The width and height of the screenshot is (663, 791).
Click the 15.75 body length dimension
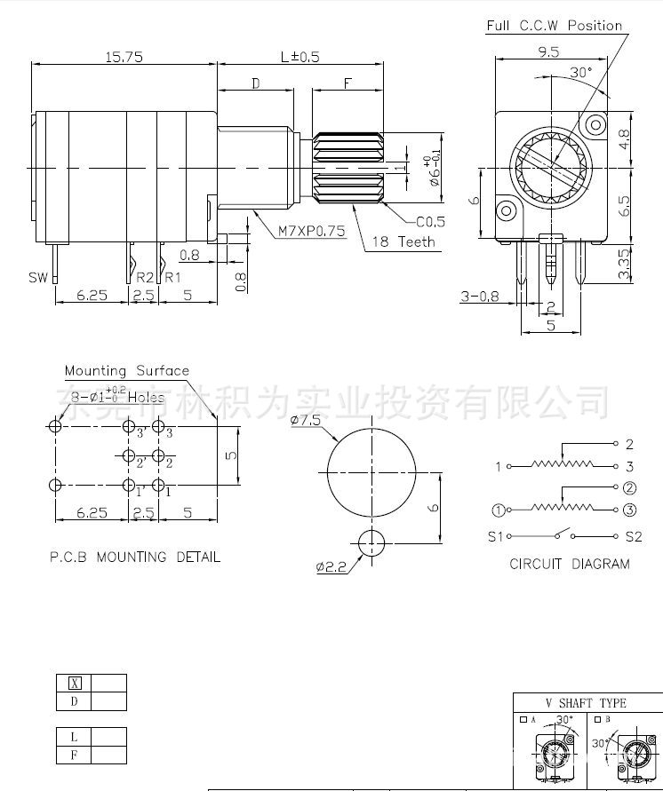(124, 57)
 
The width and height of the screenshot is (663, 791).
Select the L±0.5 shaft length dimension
(300, 57)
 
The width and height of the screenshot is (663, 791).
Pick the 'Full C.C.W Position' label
(554, 26)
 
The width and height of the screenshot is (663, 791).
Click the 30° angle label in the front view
(580, 73)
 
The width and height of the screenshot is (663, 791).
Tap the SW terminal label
(37, 278)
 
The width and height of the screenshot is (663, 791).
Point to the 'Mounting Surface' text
(126, 370)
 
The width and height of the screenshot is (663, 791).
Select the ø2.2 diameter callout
(331, 566)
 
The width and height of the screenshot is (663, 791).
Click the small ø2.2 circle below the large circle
(371, 542)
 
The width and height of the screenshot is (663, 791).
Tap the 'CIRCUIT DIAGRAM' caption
(569, 564)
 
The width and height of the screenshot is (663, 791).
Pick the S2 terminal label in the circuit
(633, 536)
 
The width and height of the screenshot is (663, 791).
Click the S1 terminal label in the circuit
(495, 536)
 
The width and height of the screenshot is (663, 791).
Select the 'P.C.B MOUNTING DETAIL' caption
(134, 558)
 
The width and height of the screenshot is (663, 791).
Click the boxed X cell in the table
(75, 683)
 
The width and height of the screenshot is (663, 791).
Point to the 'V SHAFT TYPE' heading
(586, 703)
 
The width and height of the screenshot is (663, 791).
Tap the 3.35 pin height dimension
(624, 264)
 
